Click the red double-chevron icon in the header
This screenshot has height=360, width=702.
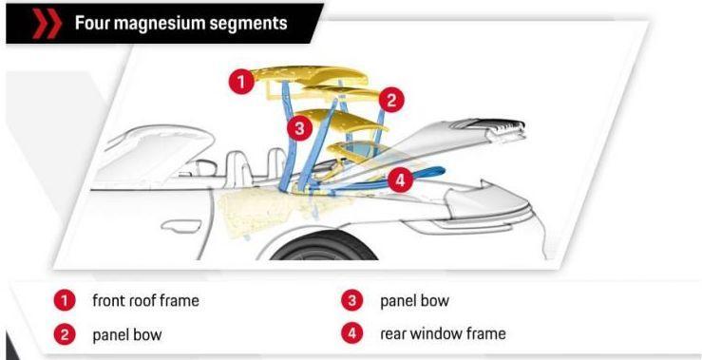(47, 24)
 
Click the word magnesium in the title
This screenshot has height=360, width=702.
(160, 23)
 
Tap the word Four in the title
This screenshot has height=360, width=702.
(92, 23)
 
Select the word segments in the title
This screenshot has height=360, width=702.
(249, 24)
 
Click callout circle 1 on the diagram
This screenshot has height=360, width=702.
(241, 82)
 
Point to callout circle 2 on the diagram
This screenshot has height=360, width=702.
(391, 101)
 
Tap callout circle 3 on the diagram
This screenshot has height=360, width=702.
(299, 128)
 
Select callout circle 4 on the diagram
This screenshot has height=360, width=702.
(400, 180)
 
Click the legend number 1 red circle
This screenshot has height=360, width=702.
(65, 300)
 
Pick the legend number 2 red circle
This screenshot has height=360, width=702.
(65, 334)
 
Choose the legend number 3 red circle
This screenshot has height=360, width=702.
(351, 300)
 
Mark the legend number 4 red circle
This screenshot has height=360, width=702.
(351, 334)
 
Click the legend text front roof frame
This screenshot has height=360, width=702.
(145, 300)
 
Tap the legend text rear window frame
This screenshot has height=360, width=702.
(443, 333)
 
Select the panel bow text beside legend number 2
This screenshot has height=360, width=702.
(126, 335)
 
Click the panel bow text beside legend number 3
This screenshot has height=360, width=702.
(414, 301)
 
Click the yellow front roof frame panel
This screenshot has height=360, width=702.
(309, 75)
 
